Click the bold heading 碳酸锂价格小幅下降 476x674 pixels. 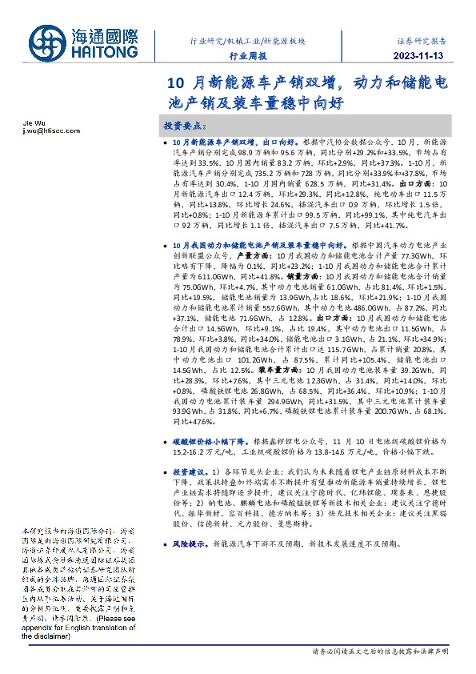210,441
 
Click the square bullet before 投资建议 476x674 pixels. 164,472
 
